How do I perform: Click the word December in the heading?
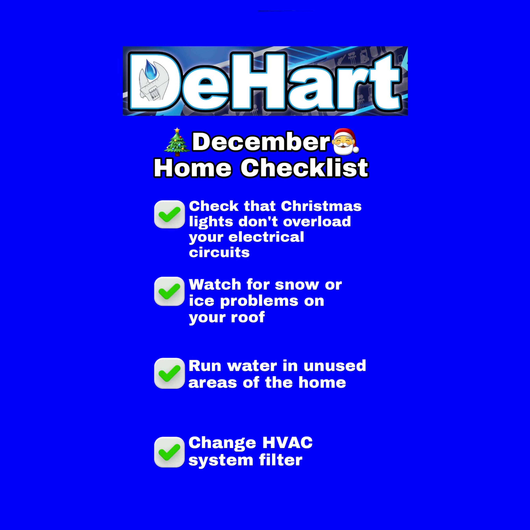(261, 142)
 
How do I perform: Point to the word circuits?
(219, 252)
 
